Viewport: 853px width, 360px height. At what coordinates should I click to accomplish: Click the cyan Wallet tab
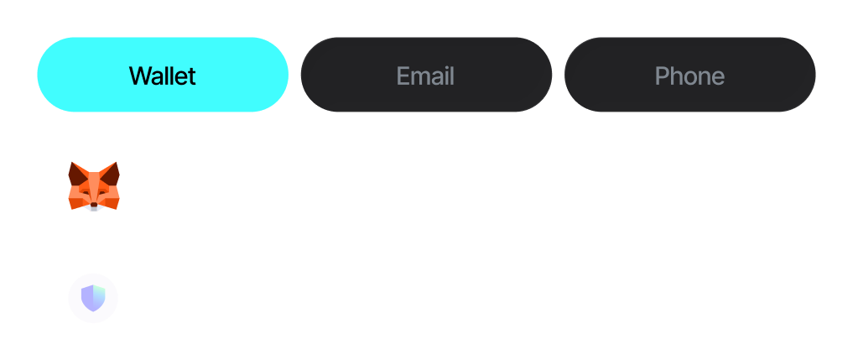(163, 75)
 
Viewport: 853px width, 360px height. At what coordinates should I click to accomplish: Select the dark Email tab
(426, 75)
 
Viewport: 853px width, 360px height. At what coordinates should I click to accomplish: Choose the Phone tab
(689, 75)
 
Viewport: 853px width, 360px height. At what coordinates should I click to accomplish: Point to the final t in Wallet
(192, 76)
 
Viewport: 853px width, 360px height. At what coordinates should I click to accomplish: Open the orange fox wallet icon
(94, 185)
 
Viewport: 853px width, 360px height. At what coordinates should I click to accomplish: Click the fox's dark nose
(94, 205)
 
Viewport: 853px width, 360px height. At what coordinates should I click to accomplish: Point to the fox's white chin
(94, 209)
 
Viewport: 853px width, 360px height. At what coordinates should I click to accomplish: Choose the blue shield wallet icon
(93, 298)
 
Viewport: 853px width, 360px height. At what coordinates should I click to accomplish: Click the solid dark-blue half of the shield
(87, 297)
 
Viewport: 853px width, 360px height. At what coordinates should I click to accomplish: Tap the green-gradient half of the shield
(99, 295)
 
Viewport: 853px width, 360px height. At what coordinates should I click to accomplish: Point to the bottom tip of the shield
(93, 310)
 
